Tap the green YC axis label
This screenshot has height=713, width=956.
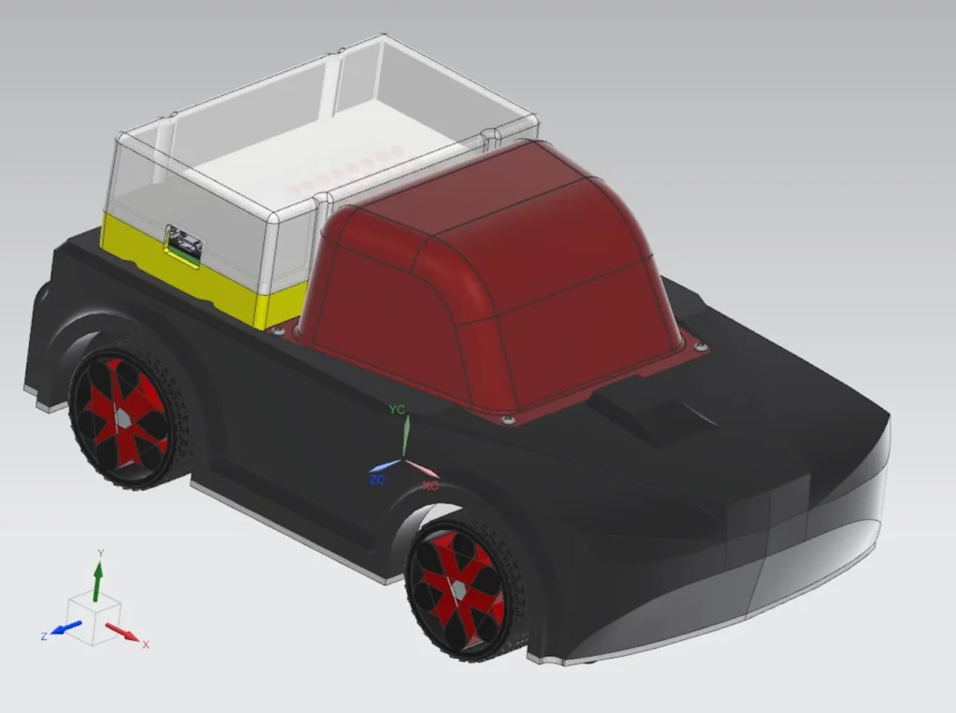coord(397,410)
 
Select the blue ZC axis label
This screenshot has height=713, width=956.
coord(377,481)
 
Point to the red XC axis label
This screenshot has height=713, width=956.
coord(429,485)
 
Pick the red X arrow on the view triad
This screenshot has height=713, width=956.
coord(122,632)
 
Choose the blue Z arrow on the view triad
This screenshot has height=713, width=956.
coord(66,627)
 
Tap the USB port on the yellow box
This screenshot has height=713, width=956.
coord(185,244)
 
